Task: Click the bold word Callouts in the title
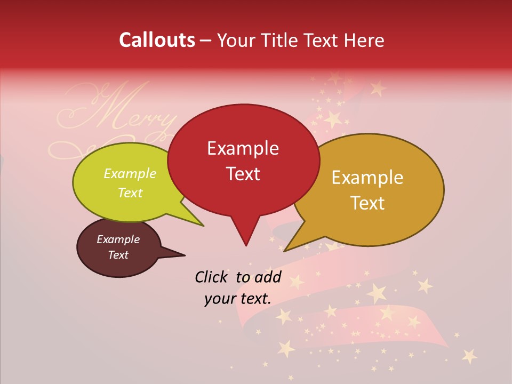[157, 40]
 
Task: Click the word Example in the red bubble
[243, 148]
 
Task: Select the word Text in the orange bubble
[368, 203]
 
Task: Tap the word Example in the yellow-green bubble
[130, 173]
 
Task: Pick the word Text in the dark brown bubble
[118, 255]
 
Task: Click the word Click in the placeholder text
[212, 277]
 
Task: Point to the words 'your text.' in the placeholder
[238, 299]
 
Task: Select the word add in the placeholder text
[268, 277]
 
